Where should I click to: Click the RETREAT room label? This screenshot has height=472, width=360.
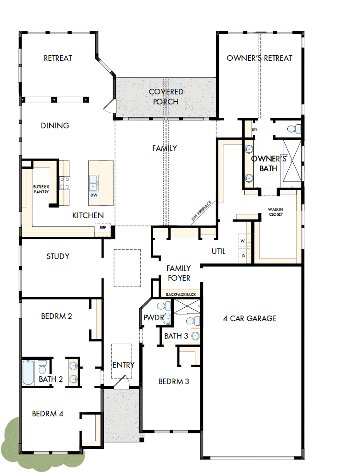click(x=58, y=58)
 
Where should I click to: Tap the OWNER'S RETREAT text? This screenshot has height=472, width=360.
click(x=259, y=58)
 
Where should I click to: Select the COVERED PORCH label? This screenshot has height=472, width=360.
click(x=166, y=97)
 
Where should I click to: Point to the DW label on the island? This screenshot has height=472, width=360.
click(x=94, y=195)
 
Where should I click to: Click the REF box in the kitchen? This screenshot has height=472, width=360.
click(x=103, y=227)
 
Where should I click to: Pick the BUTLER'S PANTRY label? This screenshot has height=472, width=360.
click(x=41, y=189)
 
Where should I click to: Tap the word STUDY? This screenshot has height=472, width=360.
click(x=58, y=256)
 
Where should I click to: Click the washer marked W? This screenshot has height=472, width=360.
click(x=242, y=241)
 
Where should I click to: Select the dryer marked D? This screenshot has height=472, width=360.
click(x=242, y=255)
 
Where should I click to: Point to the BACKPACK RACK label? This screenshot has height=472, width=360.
click(x=180, y=294)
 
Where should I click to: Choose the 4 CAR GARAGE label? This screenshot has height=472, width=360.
click(x=250, y=318)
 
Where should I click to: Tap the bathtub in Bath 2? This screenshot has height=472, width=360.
click(x=28, y=372)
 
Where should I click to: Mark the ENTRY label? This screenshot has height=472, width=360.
click(x=123, y=365)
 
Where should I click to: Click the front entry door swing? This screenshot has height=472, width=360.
click(x=121, y=383)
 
